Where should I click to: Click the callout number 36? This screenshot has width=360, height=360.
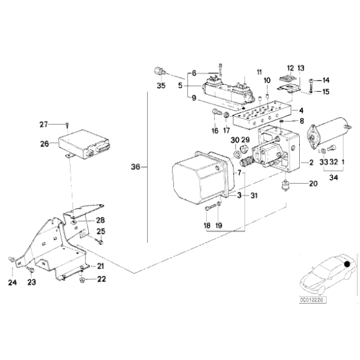pyautogui.click(x=136, y=167)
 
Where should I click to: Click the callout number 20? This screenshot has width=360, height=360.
pyautogui.click(x=312, y=183)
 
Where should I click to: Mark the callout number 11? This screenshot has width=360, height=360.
pyautogui.click(x=259, y=71)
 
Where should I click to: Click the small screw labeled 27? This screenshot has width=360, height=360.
pyautogui.click(x=68, y=125)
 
